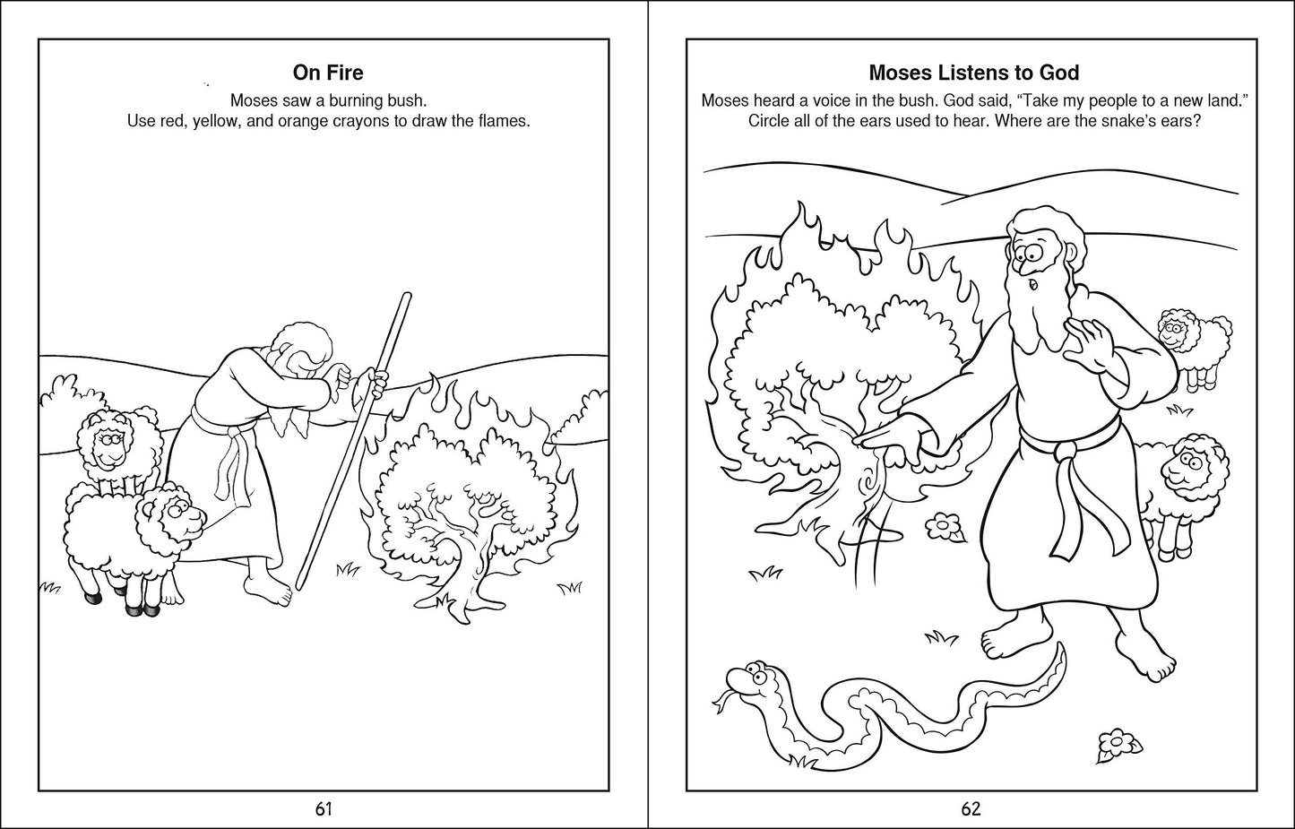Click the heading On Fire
click(328, 73)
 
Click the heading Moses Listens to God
click(973, 73)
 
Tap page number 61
click(324, 809)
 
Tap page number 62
click(971, 809)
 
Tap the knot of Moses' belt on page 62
click(1064, 450)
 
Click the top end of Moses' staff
click(409, 296)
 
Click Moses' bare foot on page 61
click(271, 592)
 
